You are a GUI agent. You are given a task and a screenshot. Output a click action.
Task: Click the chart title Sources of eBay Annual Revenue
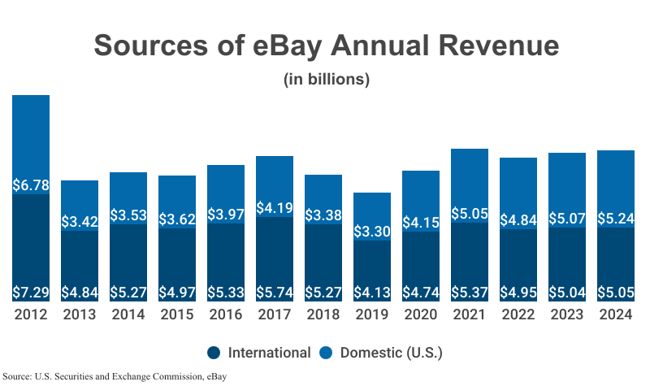[326, 46]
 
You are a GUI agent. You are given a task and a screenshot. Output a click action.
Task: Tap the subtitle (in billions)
[326, 80]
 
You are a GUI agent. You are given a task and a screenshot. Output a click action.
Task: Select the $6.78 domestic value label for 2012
[31, 185]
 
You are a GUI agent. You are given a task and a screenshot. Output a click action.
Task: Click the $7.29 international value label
[31, 292]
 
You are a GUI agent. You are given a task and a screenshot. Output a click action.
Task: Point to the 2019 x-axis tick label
[372, 314]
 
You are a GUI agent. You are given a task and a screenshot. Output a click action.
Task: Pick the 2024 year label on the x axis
[616, 314]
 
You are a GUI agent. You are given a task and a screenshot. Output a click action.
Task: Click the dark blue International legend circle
[214, 353]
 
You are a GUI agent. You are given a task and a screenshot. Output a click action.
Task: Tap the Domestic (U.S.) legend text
[391, 353]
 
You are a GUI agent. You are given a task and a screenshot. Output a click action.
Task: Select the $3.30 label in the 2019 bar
[372, 232]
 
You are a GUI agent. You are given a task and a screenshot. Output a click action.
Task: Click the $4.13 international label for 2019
[372, 292]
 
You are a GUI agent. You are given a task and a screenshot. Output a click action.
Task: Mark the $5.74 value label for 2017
[275, 292]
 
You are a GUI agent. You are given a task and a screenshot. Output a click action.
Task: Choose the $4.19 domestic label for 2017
[275, 208]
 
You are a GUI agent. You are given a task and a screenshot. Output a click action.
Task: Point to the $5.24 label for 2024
[616, 218]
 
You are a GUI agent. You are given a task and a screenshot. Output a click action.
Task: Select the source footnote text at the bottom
[115, 376]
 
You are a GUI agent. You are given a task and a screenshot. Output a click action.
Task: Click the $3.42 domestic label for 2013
[80, 221]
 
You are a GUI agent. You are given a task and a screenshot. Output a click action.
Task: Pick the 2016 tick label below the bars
[226, 314]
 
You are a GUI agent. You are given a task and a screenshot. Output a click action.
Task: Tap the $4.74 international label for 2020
[421, 292]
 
